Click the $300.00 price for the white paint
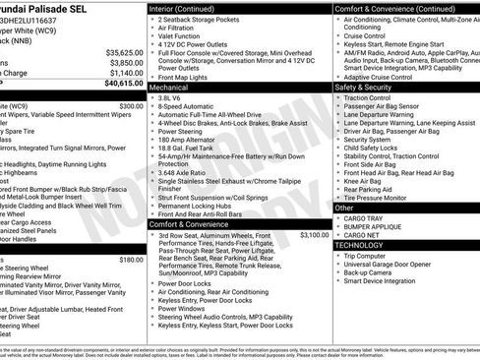pos(130,105)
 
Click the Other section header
pos(345,208)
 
